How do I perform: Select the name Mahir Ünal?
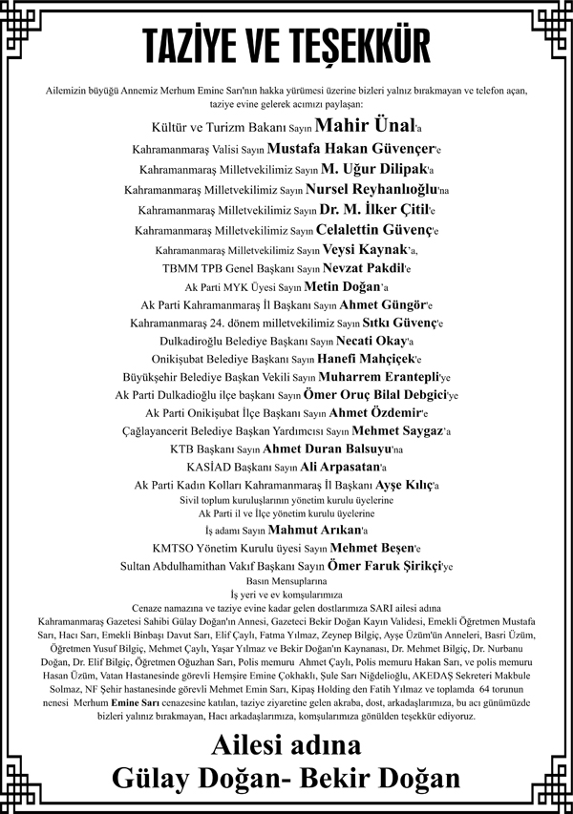tap(366, 125)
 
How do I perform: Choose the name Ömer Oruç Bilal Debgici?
tap(389, 394)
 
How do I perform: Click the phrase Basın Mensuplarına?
tap(286, 580)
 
